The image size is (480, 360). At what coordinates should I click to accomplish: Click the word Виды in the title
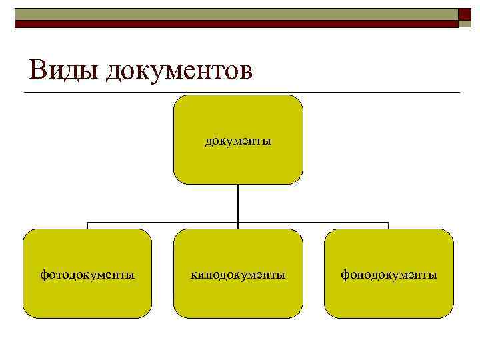click(x=63, y=70)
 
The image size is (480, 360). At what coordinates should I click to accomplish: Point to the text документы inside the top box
click(x=238, y=141)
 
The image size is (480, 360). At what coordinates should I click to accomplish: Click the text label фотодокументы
click(x=87, y=274)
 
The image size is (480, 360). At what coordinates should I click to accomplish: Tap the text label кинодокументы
click(x=238, y=274)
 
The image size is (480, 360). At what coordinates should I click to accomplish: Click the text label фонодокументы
click(x=389, y=274)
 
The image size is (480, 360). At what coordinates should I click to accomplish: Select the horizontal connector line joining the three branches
click(x=163, y=223)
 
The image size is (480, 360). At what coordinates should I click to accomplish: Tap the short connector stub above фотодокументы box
click(x=87, y=226)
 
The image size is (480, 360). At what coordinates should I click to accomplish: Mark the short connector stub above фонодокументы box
click(x=389, y=226)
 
